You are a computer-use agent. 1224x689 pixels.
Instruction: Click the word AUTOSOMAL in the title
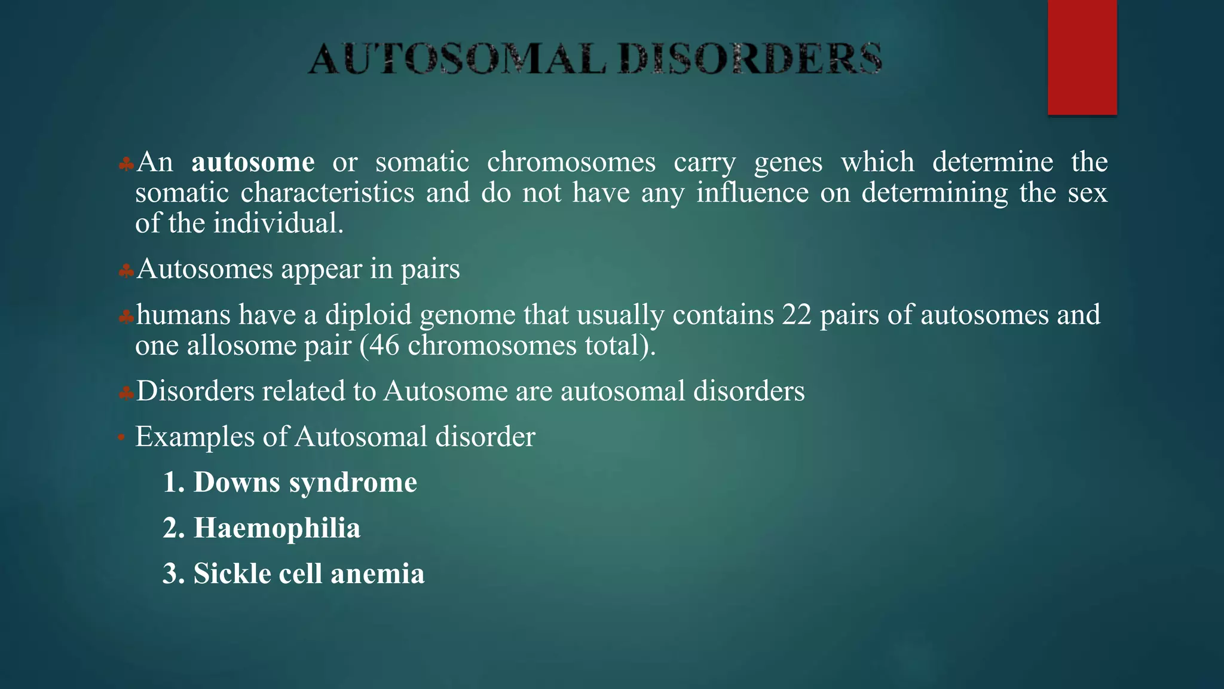point(457,59)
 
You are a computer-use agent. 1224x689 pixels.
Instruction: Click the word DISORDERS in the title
point(750,59)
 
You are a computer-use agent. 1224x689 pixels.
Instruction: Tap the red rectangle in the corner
point(1082,57)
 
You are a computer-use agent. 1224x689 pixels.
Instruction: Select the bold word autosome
point(253,163)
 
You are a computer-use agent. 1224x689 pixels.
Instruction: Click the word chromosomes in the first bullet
point(571,163)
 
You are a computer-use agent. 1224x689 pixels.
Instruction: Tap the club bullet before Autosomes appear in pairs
point(126,272)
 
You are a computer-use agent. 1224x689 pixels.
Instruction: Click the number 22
point(796,315)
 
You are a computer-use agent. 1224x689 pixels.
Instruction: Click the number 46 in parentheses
point(384,346)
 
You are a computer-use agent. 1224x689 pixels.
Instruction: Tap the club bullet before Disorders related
point(126,394)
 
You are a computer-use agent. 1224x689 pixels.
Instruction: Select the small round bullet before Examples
point(121,438)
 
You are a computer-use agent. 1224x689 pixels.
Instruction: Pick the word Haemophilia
point(277,528)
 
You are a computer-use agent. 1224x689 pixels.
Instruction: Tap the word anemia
point(377,574)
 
